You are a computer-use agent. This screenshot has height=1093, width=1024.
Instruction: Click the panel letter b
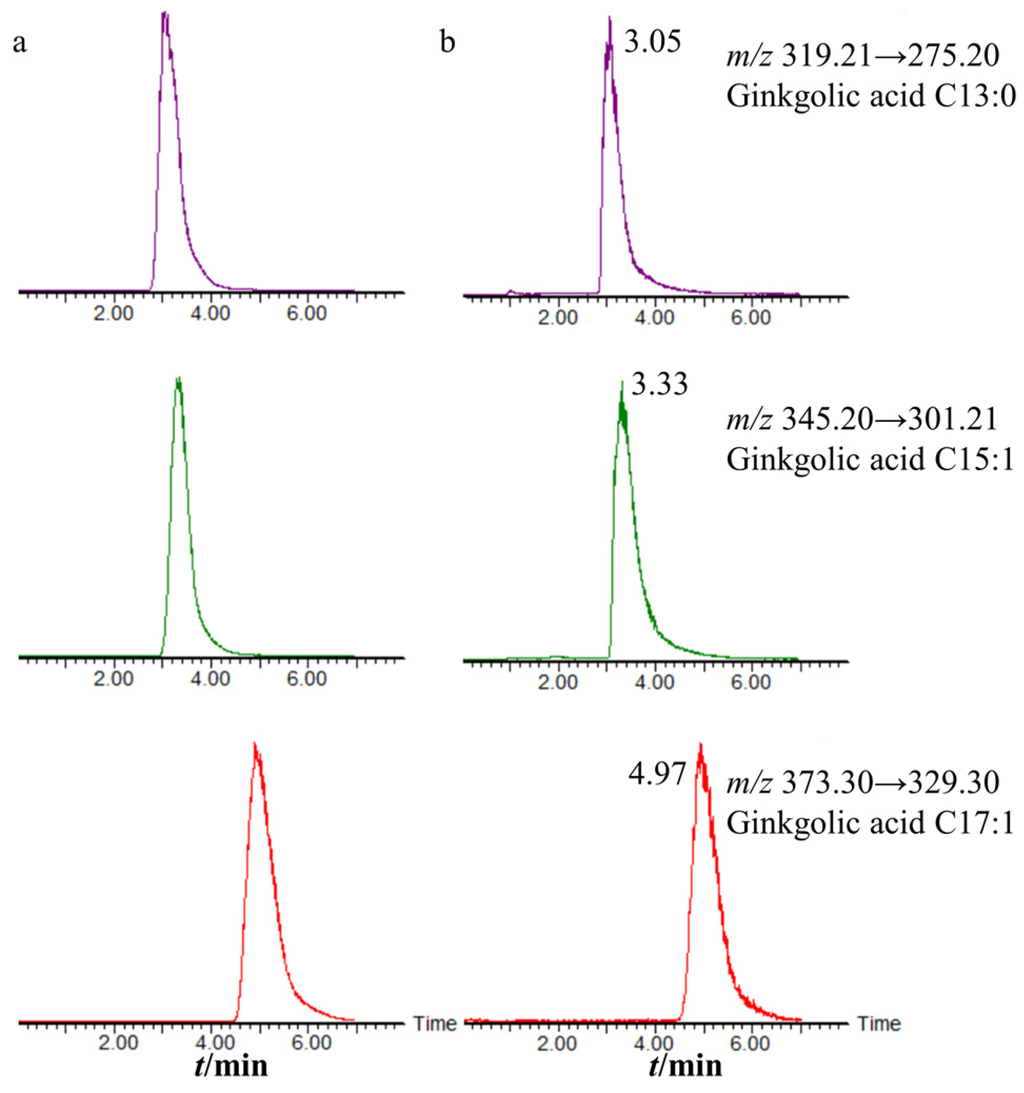point(448,43)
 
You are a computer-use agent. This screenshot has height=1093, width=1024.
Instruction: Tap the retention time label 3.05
point(652,42)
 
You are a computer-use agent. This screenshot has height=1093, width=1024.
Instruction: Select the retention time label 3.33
point(659,384)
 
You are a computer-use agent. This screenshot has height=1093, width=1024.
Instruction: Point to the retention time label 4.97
point(657,774)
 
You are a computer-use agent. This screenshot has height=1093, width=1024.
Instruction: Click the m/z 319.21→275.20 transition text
point(862,56)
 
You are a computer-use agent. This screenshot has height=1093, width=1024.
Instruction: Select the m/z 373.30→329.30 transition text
point(862,782)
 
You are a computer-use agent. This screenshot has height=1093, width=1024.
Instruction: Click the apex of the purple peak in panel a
point(164,13)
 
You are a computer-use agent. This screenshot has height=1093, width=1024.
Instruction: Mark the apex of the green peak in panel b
point(622,383)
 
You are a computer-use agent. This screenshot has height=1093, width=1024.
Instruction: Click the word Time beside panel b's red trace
point(879,1023)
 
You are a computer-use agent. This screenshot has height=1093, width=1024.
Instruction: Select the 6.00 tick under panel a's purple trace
point(307,314)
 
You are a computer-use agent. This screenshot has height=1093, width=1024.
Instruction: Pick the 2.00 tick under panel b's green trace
point(559,682)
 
